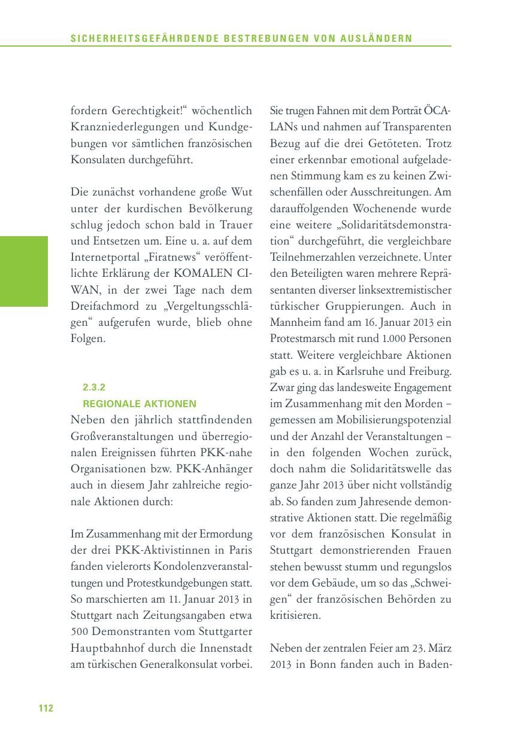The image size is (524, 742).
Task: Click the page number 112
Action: coord(46,709)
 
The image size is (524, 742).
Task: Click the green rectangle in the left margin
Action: coord(24,271)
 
